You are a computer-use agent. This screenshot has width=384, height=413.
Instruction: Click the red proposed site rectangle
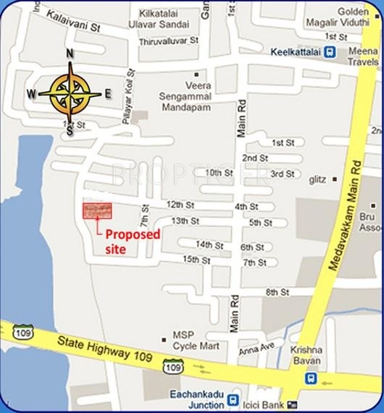97,210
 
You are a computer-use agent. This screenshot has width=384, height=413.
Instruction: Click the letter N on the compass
70,54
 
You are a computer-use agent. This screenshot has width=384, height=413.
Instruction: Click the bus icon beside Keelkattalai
330,52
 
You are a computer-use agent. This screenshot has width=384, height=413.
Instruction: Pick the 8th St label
277,292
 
